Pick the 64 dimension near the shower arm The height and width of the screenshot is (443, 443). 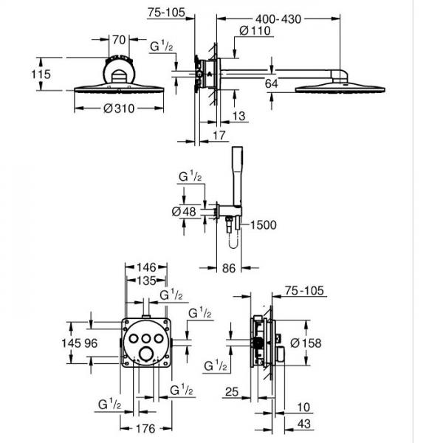coord(271,84)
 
